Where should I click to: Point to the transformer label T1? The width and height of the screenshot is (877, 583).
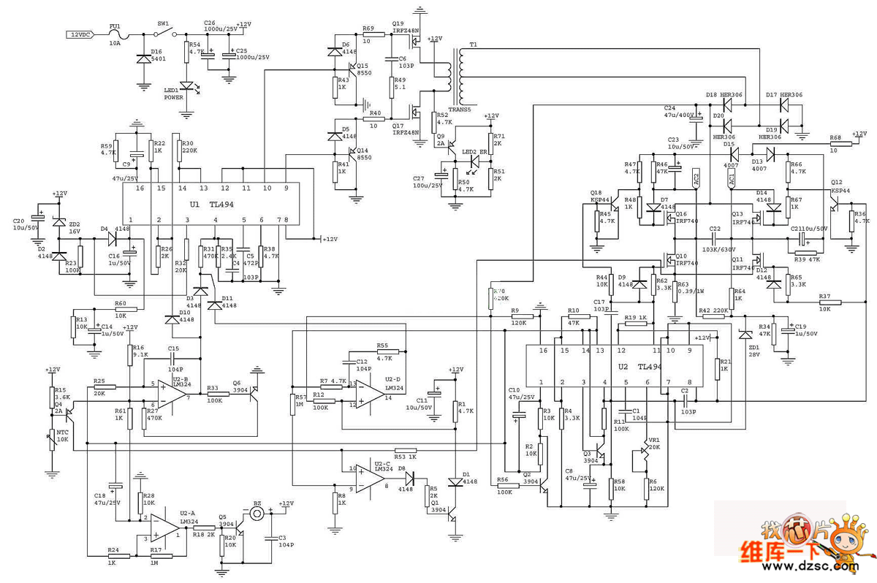coord(473,45)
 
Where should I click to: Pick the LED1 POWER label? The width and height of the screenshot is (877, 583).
coord(174,94)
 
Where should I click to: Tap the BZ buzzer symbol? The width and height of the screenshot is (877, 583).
coord(257,514)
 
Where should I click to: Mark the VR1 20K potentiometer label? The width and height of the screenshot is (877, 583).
coord(650,443)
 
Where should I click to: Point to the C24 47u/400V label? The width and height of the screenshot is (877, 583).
coord(680,112)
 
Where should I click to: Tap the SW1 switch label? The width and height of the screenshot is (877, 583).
coord(164,23)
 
